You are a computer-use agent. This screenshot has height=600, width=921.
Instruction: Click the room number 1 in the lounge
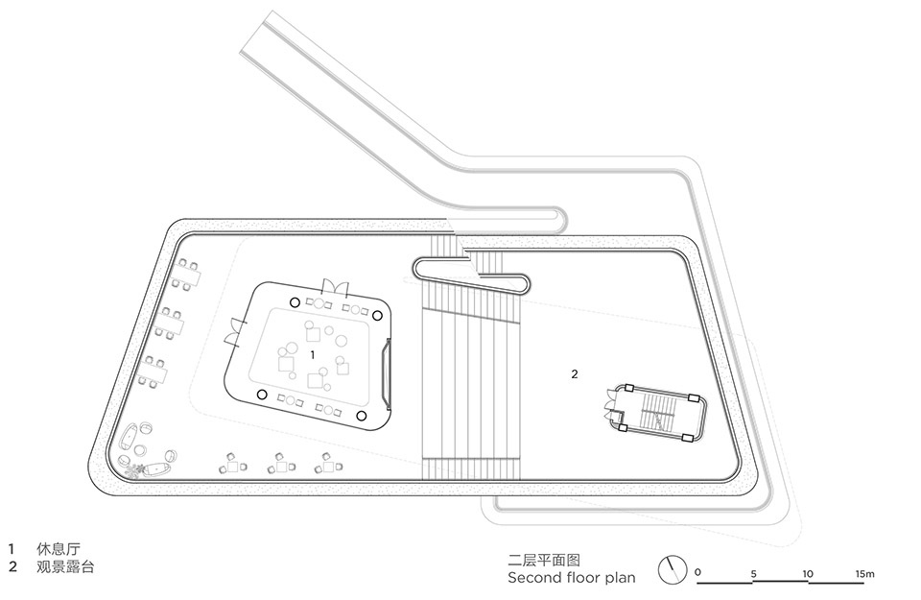pos(313,355)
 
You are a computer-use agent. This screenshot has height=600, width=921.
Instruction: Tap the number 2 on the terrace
pos(575,373)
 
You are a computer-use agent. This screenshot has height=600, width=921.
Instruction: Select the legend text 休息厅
pos(59,549)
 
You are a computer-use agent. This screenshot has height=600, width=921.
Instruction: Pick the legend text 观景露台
pos(65,567)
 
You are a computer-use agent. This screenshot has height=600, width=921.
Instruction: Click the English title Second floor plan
pos(572,578)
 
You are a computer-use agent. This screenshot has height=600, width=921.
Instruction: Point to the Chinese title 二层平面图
pos(544,560)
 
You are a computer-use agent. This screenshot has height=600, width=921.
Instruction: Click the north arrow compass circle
pos(673,570)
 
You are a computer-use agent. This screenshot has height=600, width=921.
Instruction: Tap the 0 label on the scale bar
pos(697,572)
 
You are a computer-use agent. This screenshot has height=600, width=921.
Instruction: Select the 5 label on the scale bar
pos(754,573)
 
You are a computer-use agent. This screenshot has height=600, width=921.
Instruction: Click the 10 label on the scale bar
pos(808,573)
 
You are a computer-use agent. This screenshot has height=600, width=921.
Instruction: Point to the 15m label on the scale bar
pos(864,573)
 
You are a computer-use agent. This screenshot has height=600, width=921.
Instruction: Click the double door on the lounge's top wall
pos(335,287)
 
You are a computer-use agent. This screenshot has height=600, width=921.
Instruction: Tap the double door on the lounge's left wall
pos(233,332)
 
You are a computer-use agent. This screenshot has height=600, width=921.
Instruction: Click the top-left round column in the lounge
pos(295,302)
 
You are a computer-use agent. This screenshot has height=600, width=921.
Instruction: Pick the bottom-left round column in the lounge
pos(262,395)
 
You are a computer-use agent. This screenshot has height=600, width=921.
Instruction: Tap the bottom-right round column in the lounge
pos(362,416)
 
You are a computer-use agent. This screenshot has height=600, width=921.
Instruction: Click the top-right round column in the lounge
pos(378,316)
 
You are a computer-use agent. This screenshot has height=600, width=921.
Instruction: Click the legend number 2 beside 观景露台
pos(12,567)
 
